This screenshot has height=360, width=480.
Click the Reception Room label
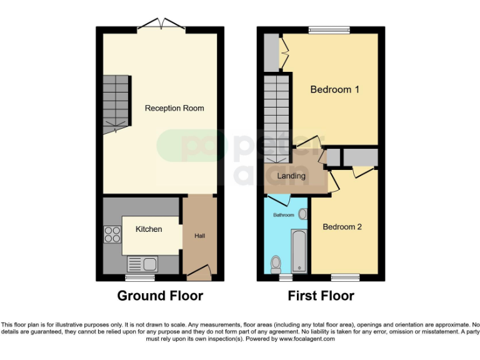pos(174,108)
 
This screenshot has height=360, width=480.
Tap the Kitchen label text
pos(149,229)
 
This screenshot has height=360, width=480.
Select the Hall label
pos(199,236)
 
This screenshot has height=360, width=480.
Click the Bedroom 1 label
pos(334,89)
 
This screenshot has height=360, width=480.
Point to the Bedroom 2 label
pos(342,227)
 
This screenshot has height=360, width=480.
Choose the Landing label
pos(291,176)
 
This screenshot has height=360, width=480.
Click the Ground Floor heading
pos(160,296)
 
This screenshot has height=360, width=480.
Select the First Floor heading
pos(321,296)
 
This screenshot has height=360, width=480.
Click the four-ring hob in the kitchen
pos(112,234)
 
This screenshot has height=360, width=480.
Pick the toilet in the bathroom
pos(275,264)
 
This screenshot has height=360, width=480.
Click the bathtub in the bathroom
pos(299,250)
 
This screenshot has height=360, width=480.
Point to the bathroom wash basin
pos(303,214)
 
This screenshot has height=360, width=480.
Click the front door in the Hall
pos(199,271)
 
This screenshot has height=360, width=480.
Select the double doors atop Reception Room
pos(161,24)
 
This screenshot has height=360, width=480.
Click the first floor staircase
pos(276,116)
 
